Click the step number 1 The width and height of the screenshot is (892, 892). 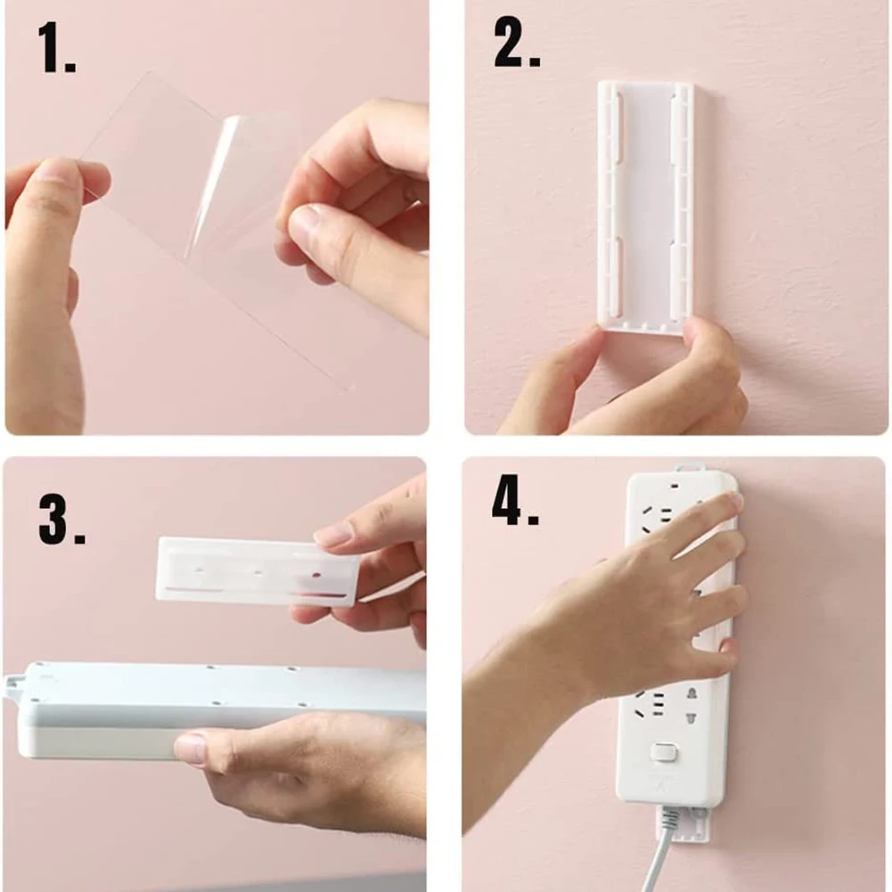pos(56,48)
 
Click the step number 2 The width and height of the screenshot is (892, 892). pos(517,44)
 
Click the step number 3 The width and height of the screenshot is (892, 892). pos(61,520)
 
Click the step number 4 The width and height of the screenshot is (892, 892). pos(515,501)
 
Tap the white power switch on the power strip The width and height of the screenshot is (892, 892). pos(663,753)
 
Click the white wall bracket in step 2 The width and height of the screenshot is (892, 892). pos(646,209)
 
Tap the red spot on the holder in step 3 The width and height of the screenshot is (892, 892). pos(316,575)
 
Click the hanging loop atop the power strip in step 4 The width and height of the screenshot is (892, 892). pos(687,470)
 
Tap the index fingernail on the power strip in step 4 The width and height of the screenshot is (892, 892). pos(736,501)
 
